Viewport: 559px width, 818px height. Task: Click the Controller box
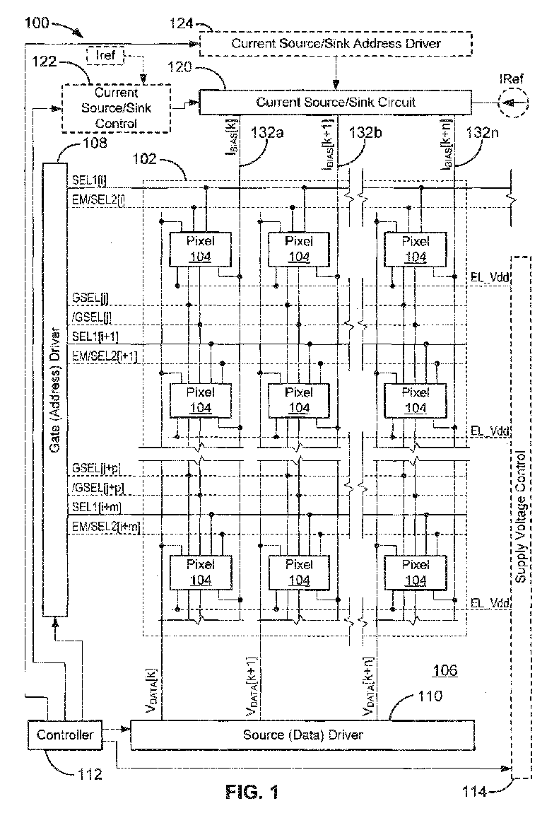coord(64,735)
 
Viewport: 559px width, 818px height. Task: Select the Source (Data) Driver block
coord(302,735)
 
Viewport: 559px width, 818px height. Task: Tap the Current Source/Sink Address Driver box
coord(336,43)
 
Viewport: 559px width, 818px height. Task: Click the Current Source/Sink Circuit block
coord(335,103)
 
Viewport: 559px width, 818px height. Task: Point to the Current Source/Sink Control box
coord(117,108)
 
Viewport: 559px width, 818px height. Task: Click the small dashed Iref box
coord(105,55)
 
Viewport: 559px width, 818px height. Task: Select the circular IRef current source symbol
coord(512,103)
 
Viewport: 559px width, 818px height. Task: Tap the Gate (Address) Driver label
coord(55,390)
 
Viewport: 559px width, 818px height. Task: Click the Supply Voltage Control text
coord(520,517)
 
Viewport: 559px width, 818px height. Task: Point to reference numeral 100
coord(37,23)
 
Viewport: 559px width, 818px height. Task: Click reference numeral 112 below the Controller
coord(90,774)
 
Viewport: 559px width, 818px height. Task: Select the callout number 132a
coord(267,132)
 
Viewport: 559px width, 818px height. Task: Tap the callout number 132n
coord(482,132)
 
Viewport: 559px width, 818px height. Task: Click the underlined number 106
coord(445,670)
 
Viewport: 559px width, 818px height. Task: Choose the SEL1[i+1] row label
coord(95,337)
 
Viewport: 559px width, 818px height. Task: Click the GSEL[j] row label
coord(90,298)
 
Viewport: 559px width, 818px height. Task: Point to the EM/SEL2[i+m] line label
coord(106,527)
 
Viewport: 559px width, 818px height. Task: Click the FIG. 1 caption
coord(252,793)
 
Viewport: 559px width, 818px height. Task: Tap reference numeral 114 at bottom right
coord(474,792)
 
